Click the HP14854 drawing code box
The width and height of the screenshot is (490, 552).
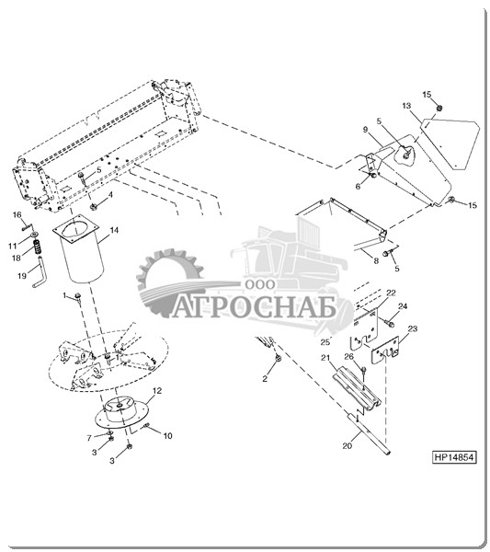click(454, 457)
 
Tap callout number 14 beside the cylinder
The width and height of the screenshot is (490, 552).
click(114, 230)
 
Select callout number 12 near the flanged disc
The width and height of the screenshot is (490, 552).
click(157, 391)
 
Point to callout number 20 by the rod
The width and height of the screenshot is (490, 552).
click(348, 445)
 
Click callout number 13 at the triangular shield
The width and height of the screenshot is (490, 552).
click(406, 106)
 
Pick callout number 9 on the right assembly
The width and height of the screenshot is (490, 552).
click(366, 130)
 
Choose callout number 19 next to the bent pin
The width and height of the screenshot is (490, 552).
click(22, 276)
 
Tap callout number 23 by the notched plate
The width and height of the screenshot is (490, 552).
click(413, 328)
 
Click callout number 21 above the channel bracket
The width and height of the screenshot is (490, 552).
click(325, 358)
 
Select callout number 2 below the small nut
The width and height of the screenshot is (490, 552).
click(265, 379)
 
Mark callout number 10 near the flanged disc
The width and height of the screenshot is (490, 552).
click(168, 436)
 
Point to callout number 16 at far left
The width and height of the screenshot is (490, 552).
click(17, 214)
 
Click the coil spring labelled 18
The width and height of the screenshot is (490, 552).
click(38, 246)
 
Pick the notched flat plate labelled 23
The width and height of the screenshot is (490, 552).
click(385, 351)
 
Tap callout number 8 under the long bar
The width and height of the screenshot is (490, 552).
click(376, 261)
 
